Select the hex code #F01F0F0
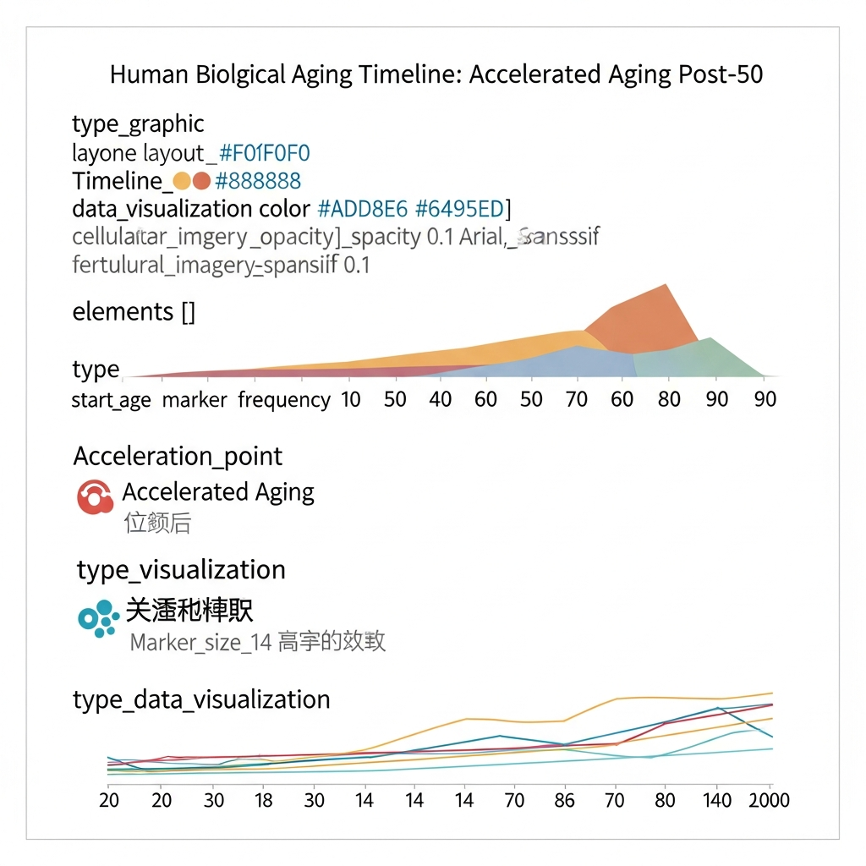pyautogui.click(x=265, y=153)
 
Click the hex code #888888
pyautogui.click(x=258, y=181)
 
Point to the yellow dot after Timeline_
pyautogui.click(x=181, y=181)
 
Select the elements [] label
pyautogui.click(x=134, y=312)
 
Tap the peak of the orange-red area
pyautogui.click(x=667, y=285)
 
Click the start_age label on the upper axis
pyautogui.click(x=111, y=399)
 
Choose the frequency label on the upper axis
pyautogui.click(x=284, y=399)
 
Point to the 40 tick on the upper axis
pyautogui.click(x=441, y=399)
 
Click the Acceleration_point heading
pyautogui.click(x=178, y=457)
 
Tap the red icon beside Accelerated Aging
pyautogui.click(x=95, y=497)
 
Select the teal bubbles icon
pyautogui.click(x=98, y=618)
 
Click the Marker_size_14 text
pyautogui.click(x=200, y=643)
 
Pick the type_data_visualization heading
pyautogui.click(x=201, y=700)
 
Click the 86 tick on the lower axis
pyautogui.click(x=563, y=800)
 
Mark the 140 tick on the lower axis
pyautogui.click(x=718, y=800)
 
